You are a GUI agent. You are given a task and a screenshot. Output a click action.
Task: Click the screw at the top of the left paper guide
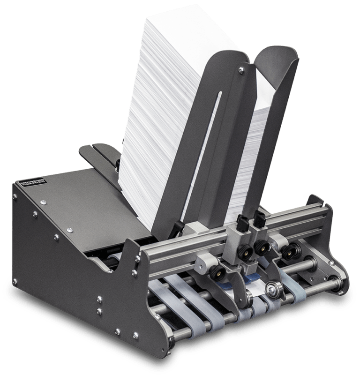tap(240, 70)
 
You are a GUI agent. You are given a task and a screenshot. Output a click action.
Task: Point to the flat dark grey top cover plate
tap(80, 206)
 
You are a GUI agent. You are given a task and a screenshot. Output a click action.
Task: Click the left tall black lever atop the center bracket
tap(242, 220)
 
